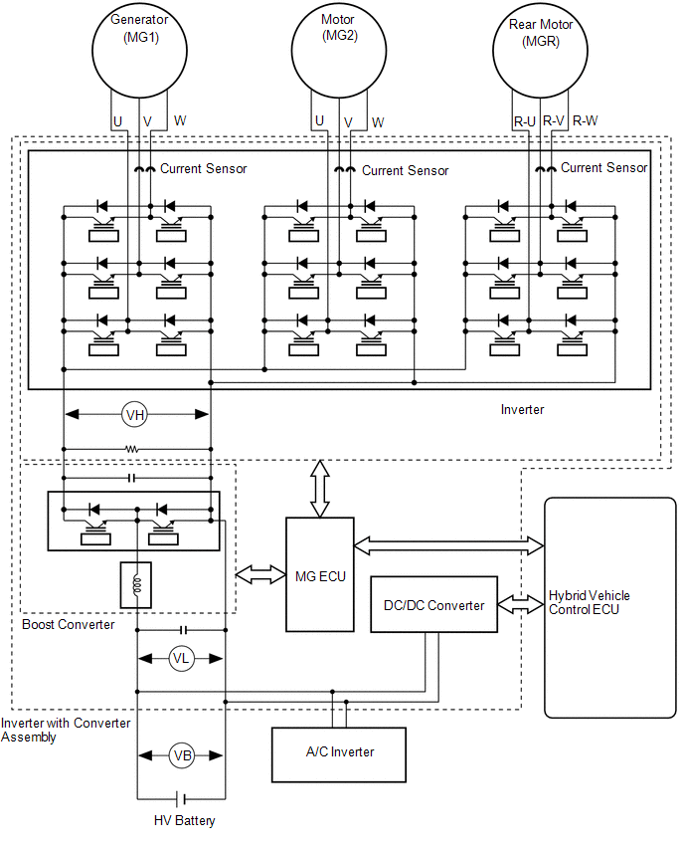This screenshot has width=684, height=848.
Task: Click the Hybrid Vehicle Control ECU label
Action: (589, 602)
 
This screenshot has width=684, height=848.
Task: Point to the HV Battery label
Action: (184, 820)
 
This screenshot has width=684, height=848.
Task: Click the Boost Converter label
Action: (68, 625)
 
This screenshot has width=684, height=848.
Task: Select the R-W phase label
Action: (586, 120)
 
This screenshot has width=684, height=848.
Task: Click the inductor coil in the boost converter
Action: (136, 585)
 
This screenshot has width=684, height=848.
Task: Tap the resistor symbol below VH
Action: (132, 449)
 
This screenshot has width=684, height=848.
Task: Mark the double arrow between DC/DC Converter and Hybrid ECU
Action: (521, 604)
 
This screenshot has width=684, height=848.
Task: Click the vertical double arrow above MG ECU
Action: (320, 489)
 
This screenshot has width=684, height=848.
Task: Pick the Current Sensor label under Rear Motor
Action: (604, 167)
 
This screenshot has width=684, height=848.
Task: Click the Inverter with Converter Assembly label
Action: (66, 731)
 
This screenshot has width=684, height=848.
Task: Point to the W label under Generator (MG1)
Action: (180, 120)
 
